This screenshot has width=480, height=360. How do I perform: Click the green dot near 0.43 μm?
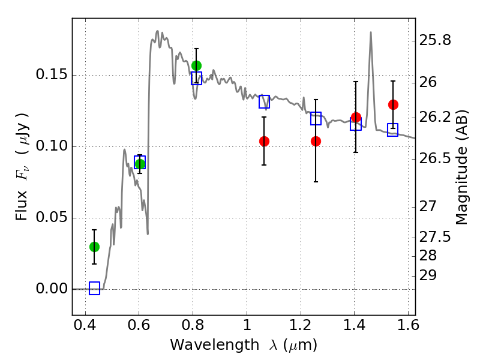pyautogui.click(x=94, y=247)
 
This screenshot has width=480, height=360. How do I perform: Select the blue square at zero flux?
pyautogui.click(x=94, y=289)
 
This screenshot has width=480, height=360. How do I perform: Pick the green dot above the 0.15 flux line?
pyautogui.click(x=196, y=65)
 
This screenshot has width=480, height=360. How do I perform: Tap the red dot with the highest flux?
pyautogui.click(x=393, y=104)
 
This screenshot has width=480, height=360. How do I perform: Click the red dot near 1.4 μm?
pyautogui.click(x=356, y=117)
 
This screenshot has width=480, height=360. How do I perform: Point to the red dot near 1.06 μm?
pyautogui.click(x=264, y=141)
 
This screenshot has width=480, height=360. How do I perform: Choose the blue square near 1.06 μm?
pyautogui.click(x=264, y=101)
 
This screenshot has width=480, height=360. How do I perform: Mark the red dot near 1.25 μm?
pyautogui.click(x=316, y=141)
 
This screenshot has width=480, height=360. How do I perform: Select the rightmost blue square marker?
pyautogui.click(x=393, y=130)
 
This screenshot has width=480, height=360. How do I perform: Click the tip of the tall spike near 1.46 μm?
pyautogui.click(x=371, y=32)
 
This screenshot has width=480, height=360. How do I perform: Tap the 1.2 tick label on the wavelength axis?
pyautogui.click(x=301, y=325)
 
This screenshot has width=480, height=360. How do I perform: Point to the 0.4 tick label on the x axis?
pyautogui.click(x=85, y=325)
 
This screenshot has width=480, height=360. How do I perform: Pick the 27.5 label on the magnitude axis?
pyautogui.click(x=434, y=237)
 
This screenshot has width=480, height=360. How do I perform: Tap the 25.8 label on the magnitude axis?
pyautogui.click(x=434, y=40)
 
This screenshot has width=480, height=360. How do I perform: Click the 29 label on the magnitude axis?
pyautogui.click(x=428, y=275)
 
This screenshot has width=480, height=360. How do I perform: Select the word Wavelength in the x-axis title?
pyautogui.click(x=215, y=345)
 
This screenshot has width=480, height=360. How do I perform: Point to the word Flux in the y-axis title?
pyautogui.click(x=22, y=206)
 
